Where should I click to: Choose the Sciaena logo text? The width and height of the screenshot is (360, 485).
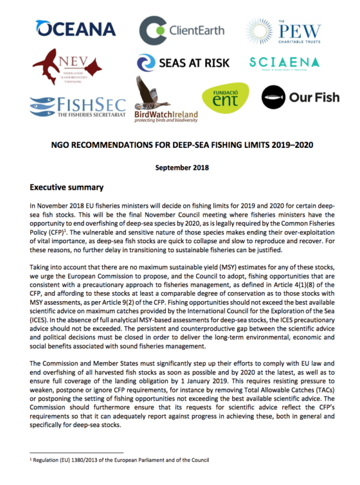[285, 62]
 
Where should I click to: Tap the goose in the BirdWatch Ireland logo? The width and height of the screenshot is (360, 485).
[150, 91]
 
